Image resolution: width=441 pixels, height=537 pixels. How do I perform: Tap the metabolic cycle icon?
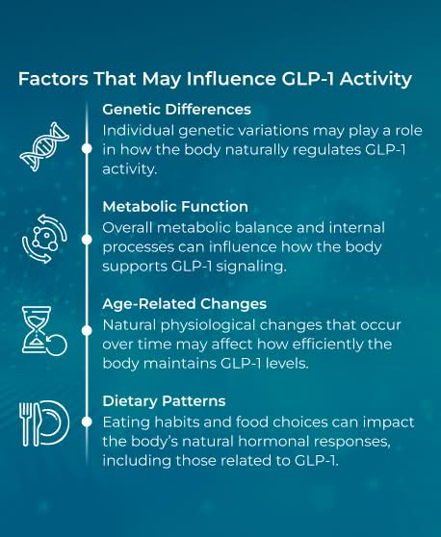[x=44, y=240]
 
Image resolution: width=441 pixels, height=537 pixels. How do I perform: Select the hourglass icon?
[x=43, y=331]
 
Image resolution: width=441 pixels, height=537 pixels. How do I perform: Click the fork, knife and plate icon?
[x=43, y=422]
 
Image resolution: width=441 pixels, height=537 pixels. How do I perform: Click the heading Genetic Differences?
[x=176, y=110]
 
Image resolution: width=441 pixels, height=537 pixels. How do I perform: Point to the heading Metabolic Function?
[x=175, y=206]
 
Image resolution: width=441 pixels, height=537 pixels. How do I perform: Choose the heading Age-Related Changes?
[x=183, y=303]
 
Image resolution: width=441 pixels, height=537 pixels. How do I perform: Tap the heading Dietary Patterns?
[x=165, y=400]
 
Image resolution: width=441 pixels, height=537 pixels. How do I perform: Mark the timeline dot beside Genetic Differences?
[x=87, y=148]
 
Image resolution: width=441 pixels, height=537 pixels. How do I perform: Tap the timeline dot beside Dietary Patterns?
[x=87, y=422]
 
